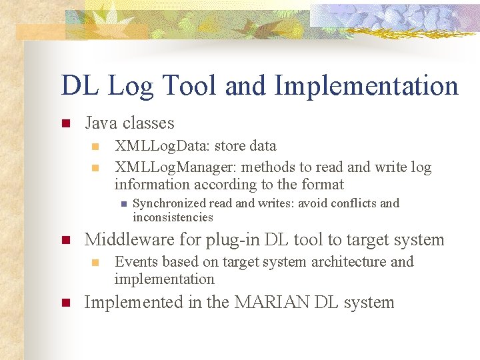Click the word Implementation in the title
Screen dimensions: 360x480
[x=366, y=86]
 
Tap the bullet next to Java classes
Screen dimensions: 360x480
[x=65, y=123]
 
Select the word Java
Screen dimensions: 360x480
[x=101, y=123]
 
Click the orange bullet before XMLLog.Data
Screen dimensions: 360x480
[x=95, y=146]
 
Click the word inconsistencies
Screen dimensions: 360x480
[x=173, y=217]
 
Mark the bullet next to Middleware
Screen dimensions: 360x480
[x=65, y=240]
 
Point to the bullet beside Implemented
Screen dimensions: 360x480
[x=65, y=303]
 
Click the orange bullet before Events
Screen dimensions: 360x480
[x=95, y=262]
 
